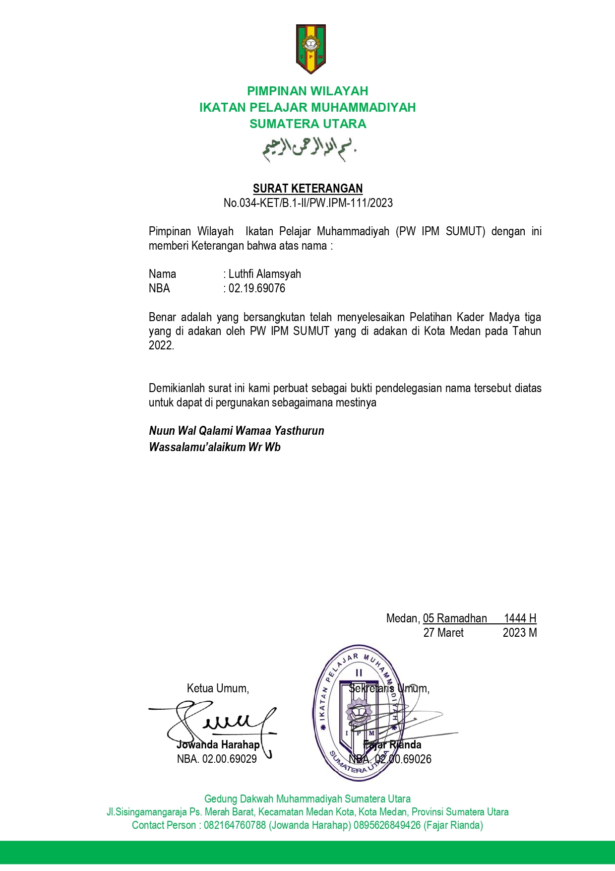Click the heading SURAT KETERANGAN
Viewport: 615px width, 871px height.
[x=307, y=189]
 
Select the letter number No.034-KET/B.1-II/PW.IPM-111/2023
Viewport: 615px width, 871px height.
[x=307, y=203]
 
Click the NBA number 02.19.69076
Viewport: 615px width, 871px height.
[x=256, y=289]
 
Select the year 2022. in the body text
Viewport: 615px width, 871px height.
[x=161, y=346]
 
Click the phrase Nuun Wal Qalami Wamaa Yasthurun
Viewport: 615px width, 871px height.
[x=237, y=431]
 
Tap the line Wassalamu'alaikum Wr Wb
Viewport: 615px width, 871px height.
[x=215, y=447]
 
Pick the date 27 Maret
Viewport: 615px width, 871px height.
[x=443, y=633]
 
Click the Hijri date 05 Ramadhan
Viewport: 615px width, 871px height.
[x=455, y=618]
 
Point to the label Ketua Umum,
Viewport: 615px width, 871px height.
[x=218, y=688]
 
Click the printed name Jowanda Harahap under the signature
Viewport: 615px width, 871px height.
[x=218, y=745]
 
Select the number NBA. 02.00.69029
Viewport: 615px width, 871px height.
[x=217, y=759]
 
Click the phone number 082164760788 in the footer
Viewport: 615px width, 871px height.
[x=235, y=825]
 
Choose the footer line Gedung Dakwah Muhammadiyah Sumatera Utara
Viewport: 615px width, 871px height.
[x=307, y=799]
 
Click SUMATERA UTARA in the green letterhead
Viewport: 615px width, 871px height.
[x=307, y=124]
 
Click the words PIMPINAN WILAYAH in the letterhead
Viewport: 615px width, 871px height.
[x=307, y=91]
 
